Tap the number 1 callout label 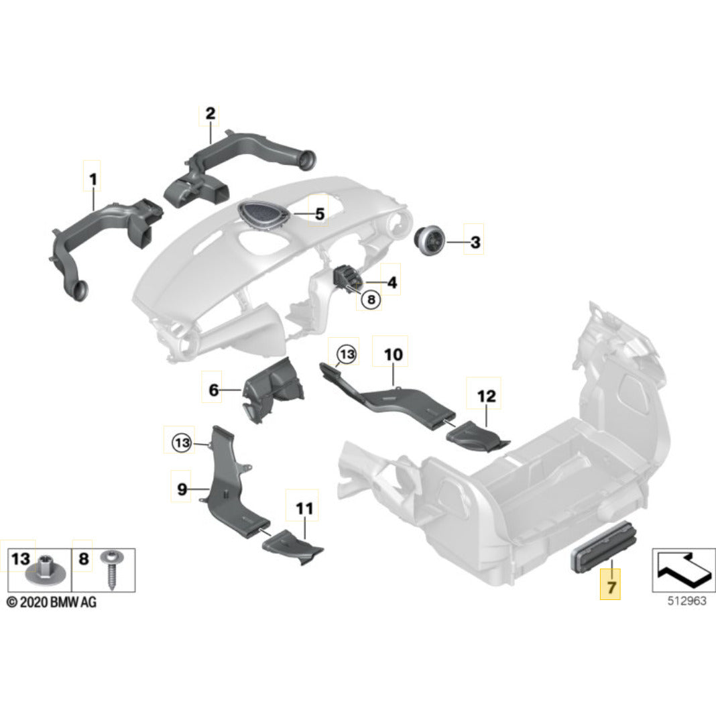[x=93, y=179]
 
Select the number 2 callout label [x=210, y=114]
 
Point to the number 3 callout [x=475, y=243]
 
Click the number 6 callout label [x=213, y=390]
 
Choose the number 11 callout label [x=304, y=510]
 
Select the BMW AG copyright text [x=52, y=602]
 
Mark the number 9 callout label [x=182, y=489]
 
